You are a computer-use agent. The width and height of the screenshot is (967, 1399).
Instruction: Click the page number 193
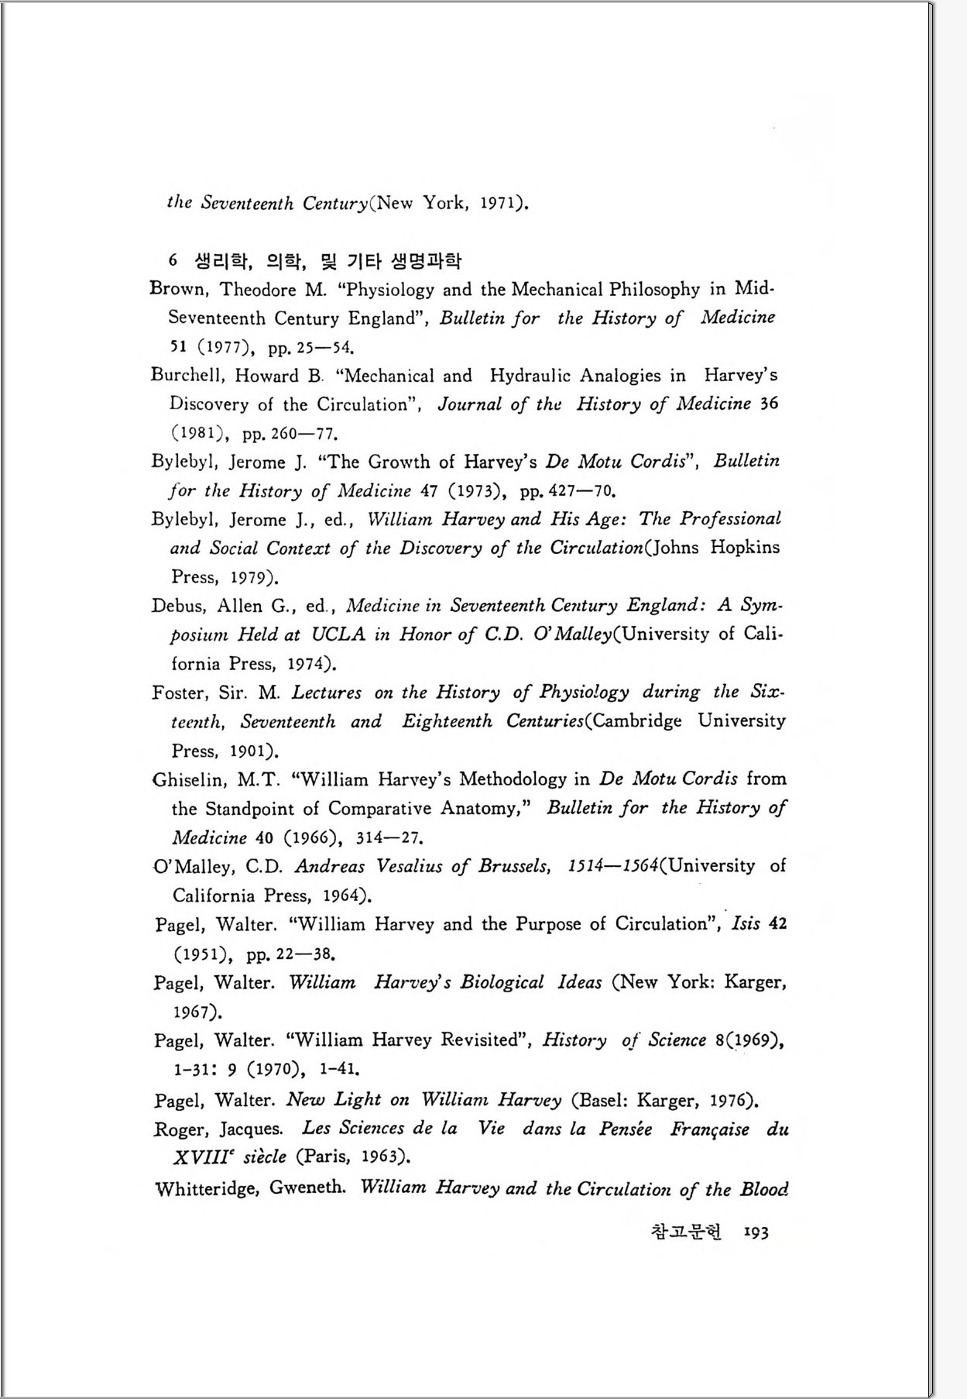pyautogui.click(x=756, y=1232)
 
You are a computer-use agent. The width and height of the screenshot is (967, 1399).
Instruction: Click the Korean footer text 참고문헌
pyautogui.click(x=686, y=1232)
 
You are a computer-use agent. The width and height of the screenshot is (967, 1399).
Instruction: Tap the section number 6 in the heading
pyautogui.click(x=173, y=260)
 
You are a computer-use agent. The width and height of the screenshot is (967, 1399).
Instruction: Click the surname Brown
pyautogui.click(x=178, y=289)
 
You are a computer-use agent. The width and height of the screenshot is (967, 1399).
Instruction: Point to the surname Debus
pyautogui.click(x=178, y=606)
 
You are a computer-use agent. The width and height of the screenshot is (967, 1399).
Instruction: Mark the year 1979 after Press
pyautogui.click(x=252, y=577)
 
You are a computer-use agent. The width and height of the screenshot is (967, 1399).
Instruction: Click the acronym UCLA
pyautogui.click(x=338, y=634)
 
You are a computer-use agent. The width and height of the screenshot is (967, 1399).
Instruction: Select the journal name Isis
pyautogui.click(x=746, y=923)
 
